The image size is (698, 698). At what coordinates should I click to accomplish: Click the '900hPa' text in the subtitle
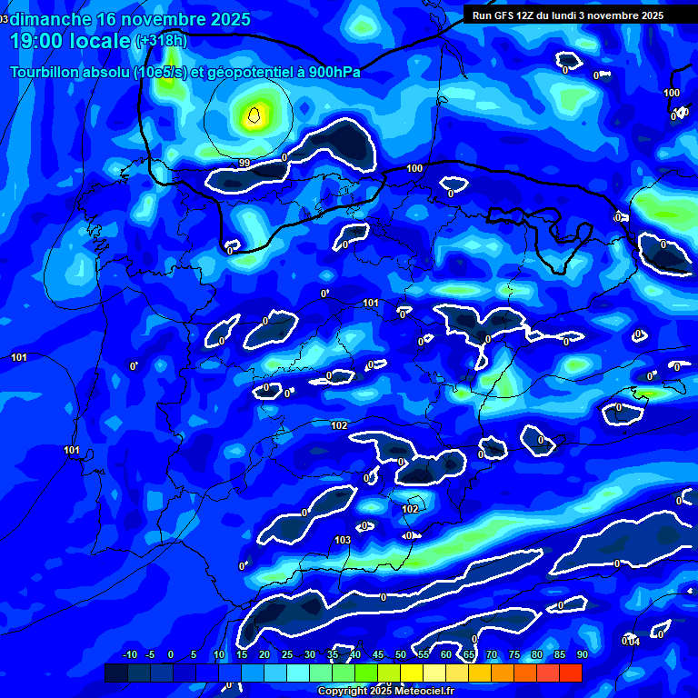(334, 72)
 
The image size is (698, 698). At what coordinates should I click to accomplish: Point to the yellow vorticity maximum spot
(255, 115)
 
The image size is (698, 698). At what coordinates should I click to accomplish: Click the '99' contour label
(244, 163)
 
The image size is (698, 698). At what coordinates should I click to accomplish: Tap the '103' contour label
(343, 540)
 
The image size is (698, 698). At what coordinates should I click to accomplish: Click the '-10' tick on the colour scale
(129, 655)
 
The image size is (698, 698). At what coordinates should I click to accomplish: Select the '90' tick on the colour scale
(582, 655)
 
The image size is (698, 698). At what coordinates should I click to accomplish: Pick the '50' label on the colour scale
(401, 655)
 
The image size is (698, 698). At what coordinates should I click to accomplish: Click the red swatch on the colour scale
(570, 673)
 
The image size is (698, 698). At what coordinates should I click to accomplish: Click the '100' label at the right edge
(672, 94)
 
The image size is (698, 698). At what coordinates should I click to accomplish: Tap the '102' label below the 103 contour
(410, 509)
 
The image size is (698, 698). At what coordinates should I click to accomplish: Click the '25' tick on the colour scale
(287, 655)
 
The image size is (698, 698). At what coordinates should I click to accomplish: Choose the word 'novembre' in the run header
(613, 15)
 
